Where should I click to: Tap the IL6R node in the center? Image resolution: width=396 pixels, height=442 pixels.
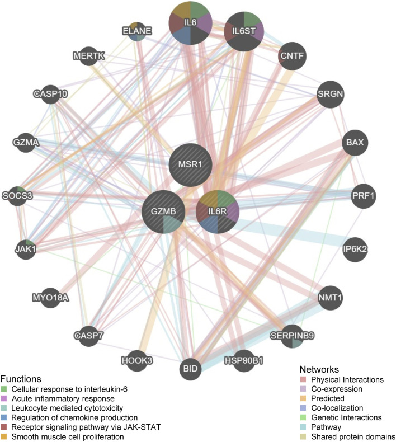pos(218,211)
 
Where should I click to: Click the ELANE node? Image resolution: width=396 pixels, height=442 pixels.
pos(138,31)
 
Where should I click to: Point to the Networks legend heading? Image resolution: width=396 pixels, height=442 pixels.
pos(323,369)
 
